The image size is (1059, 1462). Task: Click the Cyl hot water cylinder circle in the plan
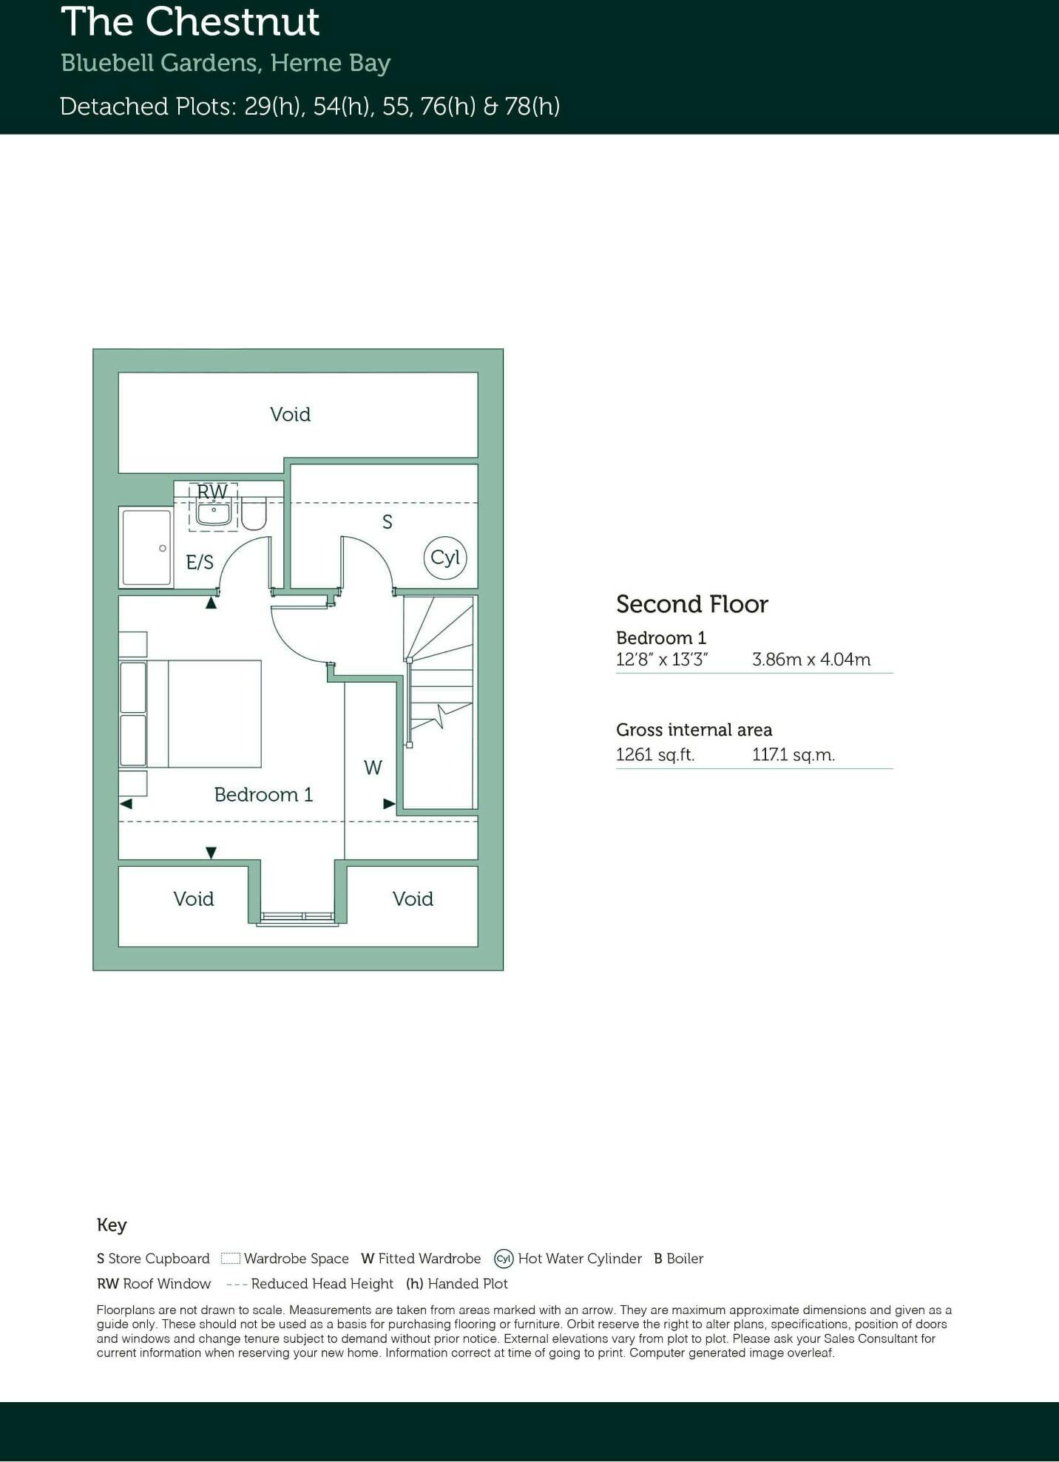[x=445, y=558]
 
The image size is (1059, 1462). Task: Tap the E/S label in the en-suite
[x=200, y=563]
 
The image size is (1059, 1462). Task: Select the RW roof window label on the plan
[x=212, y=492]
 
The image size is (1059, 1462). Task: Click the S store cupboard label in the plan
[x=387, y=522]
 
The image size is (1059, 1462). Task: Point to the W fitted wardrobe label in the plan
[x=373, y=768]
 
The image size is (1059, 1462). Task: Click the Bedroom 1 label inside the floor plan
[x=263, y=795]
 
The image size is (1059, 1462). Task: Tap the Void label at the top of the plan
[x=290, y=414]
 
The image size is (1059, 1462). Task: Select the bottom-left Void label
[x=194, y=898]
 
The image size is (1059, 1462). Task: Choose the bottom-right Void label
[x=413, y=898]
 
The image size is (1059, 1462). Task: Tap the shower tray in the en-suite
[x=146, y=547]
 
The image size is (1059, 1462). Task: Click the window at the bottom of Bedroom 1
[x=297, y=918]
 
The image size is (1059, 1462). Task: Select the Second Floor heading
[x=691, y=604]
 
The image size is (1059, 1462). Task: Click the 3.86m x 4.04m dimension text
[x=811, y=659]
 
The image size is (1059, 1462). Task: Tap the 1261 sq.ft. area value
[x=654, y=755]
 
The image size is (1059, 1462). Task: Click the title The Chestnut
[x=190, y=22]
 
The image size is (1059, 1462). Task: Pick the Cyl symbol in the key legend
[x=504, y=1259]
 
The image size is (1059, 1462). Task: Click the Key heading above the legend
[x=112, y=1225]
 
